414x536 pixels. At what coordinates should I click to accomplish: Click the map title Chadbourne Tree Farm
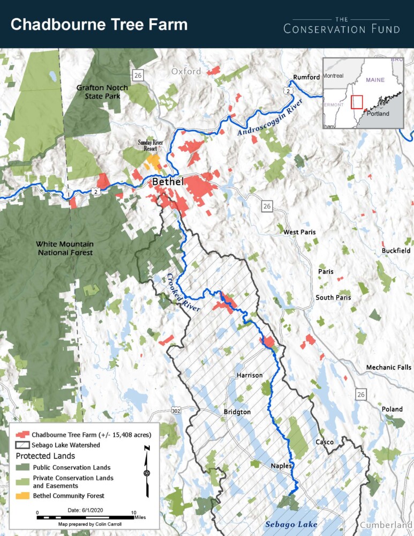pyautogui.click(x=99, y=25)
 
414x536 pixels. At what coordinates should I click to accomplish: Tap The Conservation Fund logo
pyautogui.click(x=342, y=25)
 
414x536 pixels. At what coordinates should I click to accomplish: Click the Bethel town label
pyautogui.click(x=168, y=182)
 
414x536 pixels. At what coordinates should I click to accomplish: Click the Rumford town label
pyautogui.click(x=306, y=77)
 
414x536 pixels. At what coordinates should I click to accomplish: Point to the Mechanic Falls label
pyautogui.click(x=388, y=367)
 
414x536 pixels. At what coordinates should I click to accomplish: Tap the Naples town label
pyautogui.click(x=281, y=466)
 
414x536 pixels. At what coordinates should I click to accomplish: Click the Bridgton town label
pyautogui.click(x=237, y=412)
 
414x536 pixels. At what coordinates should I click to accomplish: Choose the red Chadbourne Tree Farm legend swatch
pyautogui.click(x=22, y=434)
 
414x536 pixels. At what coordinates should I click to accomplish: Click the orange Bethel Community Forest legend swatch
pyautogui.click(x=22, y=496)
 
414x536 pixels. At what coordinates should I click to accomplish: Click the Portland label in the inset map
pyautogui.click(x=378, y=114)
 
